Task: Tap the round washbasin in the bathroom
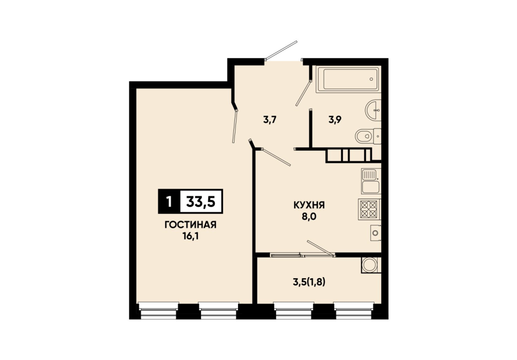tap(373, 110)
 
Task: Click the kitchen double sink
tap(371, 181)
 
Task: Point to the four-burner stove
tap(369, 210)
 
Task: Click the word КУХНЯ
tap(309, 205)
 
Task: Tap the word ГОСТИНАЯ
tap(190, 225)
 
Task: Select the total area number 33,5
tap(201, 201)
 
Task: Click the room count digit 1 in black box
tap(169, 201)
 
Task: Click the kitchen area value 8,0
tap(309, 217)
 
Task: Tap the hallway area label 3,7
tap(269, 120)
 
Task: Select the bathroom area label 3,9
tap(335, 119)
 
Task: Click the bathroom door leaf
tap(303, 93)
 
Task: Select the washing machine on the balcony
tap(371, 265)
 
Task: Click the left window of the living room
tap(159, 311)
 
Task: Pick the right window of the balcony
tap(354, 311)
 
